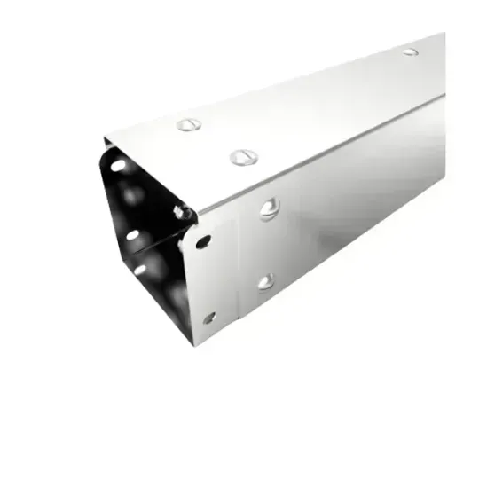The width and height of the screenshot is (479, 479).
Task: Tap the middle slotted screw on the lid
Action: point(241,157)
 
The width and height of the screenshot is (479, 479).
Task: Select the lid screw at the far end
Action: point(410,51)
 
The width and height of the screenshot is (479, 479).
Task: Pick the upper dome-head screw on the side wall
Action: point(268,210)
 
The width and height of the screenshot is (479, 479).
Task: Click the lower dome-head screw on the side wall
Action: point(266,281)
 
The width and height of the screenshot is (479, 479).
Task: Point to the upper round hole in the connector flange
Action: point(204,240)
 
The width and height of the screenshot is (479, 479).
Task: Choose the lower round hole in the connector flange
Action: point(208,317)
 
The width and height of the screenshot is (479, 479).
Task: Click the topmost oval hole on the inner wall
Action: point(115,164)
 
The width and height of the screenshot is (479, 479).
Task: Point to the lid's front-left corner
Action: point(104,138)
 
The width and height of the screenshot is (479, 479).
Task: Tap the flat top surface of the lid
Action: point(302,106)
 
